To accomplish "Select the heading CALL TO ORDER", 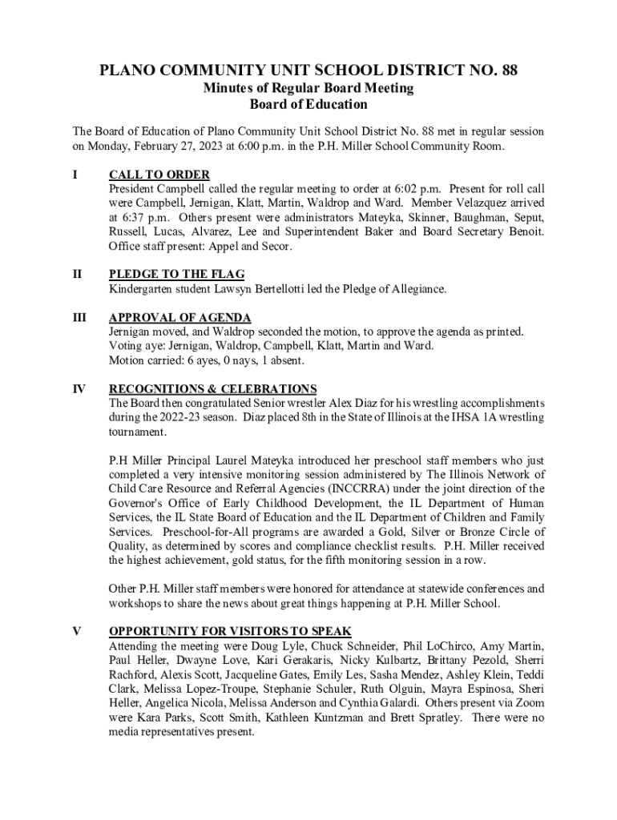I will [x=159, y=175].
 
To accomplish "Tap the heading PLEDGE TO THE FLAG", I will [x=177, y=275].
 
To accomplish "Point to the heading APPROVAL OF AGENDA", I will [x=180, y=318].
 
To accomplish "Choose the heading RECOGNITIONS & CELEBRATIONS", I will [x=213, y=389].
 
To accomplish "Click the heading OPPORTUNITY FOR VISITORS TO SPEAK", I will [x=230, y=631].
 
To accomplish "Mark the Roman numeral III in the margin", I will [x=79, y=318].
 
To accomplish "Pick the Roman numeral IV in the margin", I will [x=79, y=389].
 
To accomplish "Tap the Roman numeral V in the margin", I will [x=77, y=631].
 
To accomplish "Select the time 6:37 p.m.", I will [x=142, y=218].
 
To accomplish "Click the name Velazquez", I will [x=482, y=203].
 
